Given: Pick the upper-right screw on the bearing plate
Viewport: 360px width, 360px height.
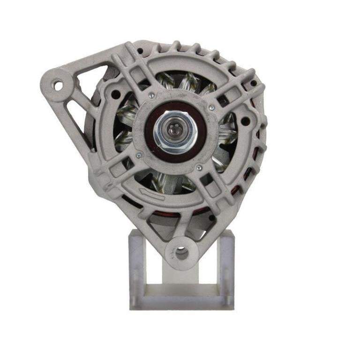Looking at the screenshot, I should (211, 108).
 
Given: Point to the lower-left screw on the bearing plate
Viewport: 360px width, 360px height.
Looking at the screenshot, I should (138, 156).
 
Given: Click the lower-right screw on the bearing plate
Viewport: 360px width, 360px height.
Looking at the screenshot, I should (199, 167).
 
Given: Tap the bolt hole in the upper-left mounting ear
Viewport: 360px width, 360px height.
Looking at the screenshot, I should (58, 86).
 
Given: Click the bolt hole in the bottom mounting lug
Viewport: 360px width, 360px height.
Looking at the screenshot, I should (181, 253).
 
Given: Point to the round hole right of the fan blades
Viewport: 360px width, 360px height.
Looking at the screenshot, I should (245, 121).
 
